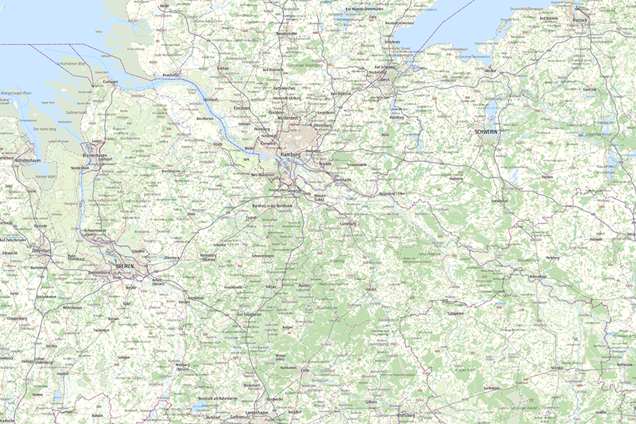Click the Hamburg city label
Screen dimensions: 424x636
(x=290, y=153)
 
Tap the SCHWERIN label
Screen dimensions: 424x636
(x=488, y=132)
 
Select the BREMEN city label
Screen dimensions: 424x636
(x=124, y=266)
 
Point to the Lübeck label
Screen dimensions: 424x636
(x=384, y=79)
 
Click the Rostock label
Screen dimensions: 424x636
(x=580, y=19)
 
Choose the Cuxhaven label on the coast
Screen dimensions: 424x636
(x=110, y=81)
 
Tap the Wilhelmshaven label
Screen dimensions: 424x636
(x=23, y=161)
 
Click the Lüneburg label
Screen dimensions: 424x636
(x=348, y=223)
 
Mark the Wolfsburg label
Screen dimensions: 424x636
(x=406, y=415)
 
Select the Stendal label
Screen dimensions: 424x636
(x=557, y=368)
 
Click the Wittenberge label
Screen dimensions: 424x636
(x=538, y=276)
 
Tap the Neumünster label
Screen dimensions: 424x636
(x=287, y=33)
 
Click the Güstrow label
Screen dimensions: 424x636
(x=589, y=89)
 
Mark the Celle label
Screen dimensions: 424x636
(x=305, y=369)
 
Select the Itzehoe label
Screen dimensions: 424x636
(x=223, y=68)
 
